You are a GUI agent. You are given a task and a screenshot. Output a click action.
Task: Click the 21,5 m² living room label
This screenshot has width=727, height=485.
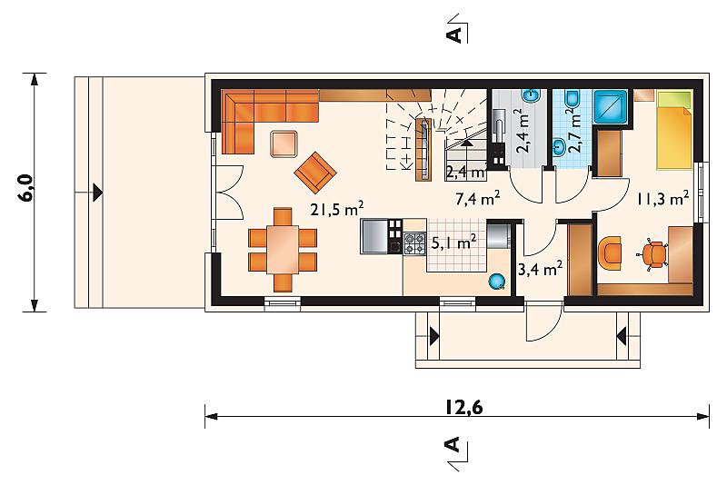[337, 209]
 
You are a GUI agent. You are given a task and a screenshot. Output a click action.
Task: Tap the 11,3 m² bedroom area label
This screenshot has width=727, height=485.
[662, 198]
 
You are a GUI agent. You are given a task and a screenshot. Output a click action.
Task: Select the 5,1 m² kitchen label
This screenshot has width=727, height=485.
[453, 242]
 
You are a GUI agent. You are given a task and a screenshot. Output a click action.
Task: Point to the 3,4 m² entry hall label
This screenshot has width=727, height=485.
[540, 269]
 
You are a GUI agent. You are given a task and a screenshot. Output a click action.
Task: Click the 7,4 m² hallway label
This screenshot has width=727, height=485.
[478, 199]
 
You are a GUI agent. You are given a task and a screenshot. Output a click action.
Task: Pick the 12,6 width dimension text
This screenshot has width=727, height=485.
[464, 407]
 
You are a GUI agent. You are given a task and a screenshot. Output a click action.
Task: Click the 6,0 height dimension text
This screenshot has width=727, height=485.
[25, 188]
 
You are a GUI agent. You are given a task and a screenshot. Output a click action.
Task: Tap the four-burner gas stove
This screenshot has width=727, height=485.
[414, 243]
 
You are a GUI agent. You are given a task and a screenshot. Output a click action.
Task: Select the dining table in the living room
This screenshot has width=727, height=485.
[283, 249]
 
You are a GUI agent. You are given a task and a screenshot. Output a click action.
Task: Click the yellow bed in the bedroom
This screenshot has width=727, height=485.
[674, 130]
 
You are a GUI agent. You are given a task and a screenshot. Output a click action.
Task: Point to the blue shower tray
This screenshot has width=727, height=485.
[610, 107]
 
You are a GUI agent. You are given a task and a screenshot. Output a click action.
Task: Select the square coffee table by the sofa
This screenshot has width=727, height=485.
[284, 144]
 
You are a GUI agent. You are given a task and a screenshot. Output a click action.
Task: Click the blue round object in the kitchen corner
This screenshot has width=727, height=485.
[496, 281]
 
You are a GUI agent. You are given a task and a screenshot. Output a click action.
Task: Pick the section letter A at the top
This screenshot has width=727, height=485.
[456, 35]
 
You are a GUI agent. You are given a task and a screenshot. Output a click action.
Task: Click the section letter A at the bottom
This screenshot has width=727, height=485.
[453, 444]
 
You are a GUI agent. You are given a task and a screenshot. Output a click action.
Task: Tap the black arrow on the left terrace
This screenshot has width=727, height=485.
[97, 193]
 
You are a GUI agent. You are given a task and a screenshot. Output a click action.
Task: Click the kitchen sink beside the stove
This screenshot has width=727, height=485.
[374, 236]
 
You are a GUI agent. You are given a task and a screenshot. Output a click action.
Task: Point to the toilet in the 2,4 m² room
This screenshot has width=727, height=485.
[532, 95]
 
